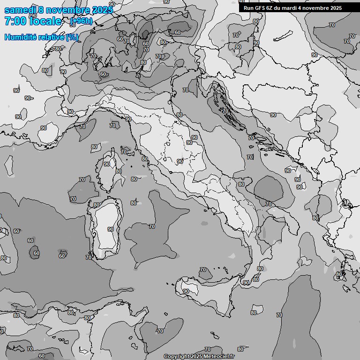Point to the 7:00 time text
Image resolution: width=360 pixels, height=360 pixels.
tap(15, 21)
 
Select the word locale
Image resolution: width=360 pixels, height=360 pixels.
tap(45, 21)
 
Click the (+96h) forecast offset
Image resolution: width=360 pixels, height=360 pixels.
tap(81, 21)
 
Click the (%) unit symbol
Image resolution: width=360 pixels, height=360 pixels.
tap(72, 37)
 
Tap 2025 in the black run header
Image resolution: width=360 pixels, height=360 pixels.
tap(334, 8)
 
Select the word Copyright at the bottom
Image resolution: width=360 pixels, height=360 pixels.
tap(177, 357)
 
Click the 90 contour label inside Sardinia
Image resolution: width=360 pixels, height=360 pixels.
tap(111, 229)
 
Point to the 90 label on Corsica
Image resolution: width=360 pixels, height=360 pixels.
tap(107, 164)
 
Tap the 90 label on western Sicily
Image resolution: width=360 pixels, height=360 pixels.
tap(186, 291)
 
